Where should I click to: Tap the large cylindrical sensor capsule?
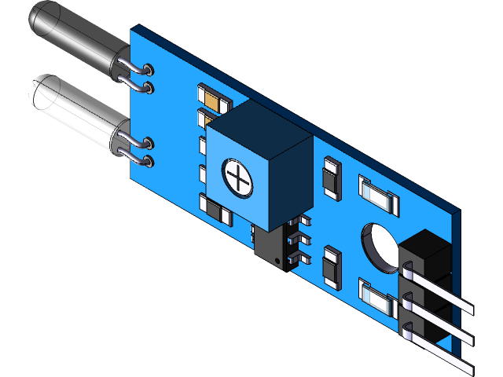point(75,110)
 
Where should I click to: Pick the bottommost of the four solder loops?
point(145,162)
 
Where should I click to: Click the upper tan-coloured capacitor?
point(214,100)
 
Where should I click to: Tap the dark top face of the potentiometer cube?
point(259,130)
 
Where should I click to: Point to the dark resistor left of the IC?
point(216,210)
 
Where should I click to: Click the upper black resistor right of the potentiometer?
point(331,178)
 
